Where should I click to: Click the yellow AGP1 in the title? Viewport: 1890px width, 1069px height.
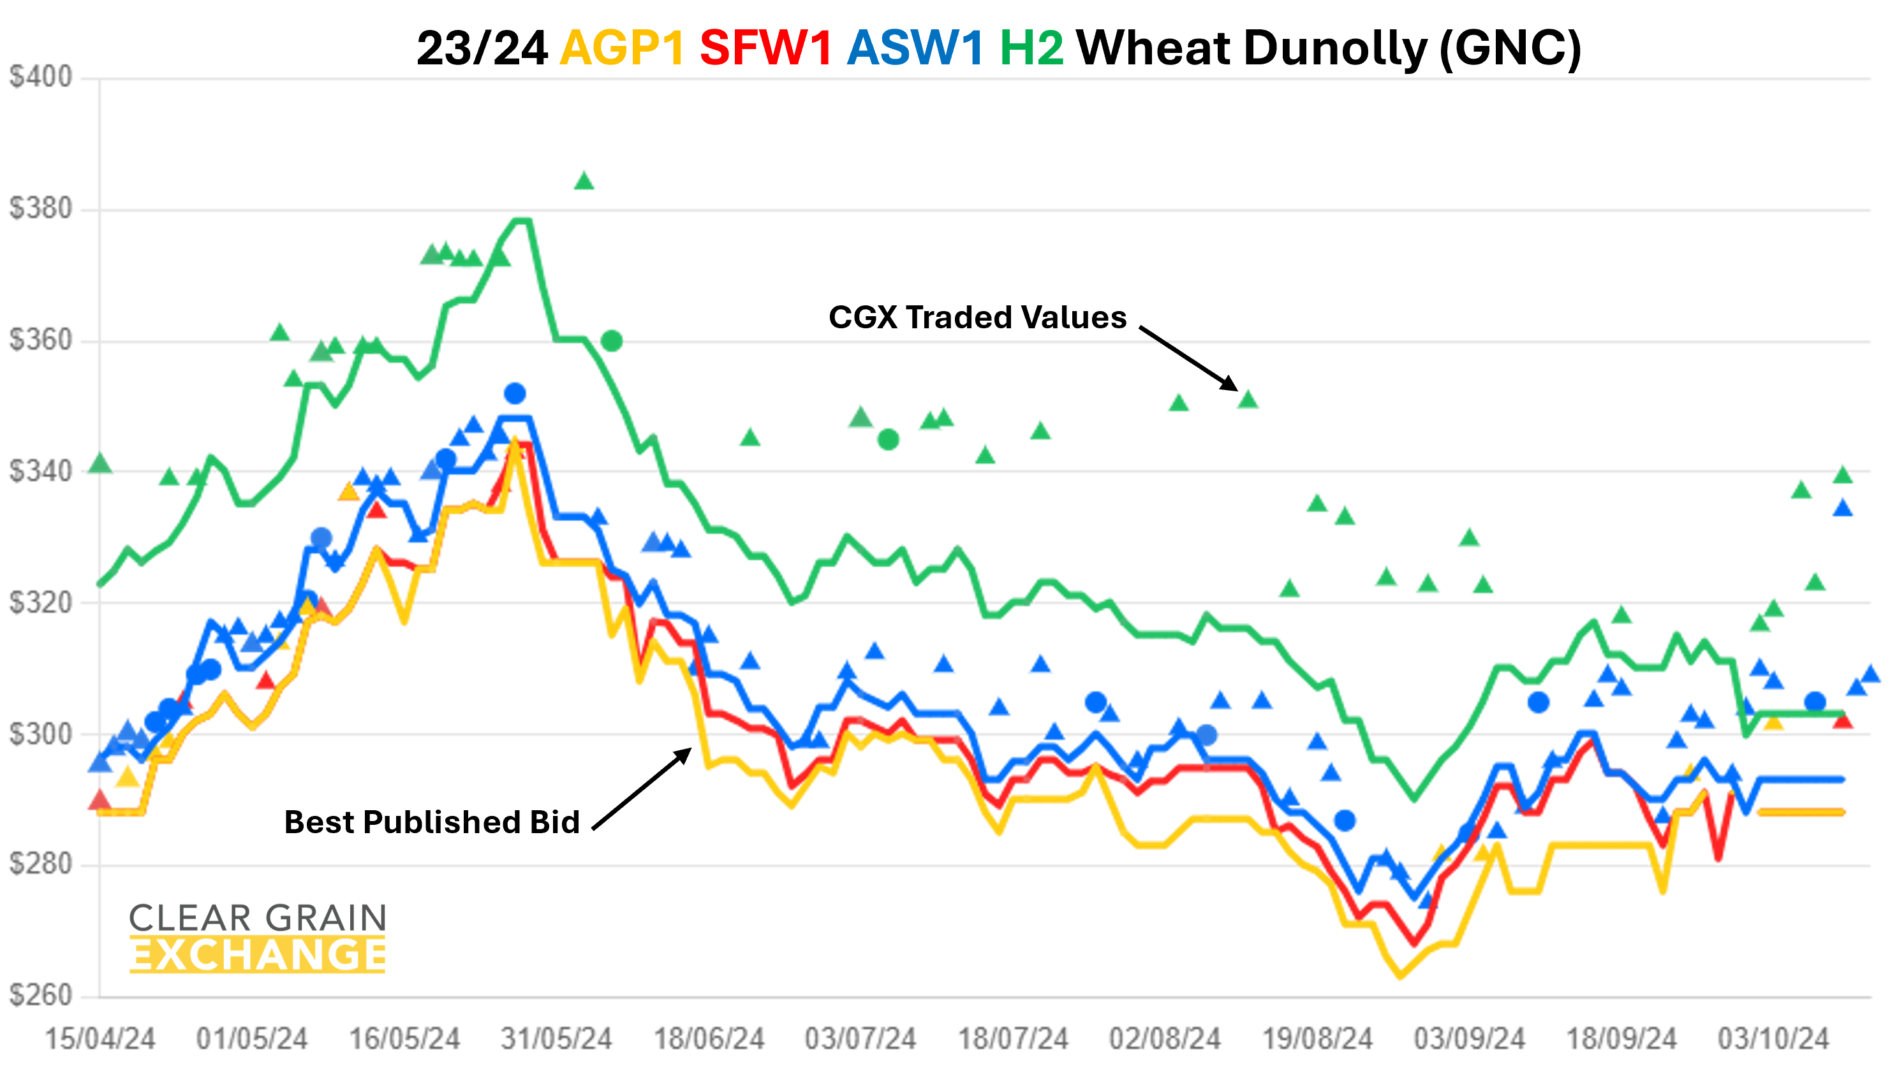622,48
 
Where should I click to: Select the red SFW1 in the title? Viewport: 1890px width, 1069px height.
765,48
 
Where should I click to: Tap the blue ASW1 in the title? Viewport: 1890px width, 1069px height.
915,48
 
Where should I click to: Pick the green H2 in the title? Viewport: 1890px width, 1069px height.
1031,48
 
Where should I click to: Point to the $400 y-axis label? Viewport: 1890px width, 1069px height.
41,77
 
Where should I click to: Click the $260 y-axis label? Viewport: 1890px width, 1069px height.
41,996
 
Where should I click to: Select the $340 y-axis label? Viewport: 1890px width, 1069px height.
41,471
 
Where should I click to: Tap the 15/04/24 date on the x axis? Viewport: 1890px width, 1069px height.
100,1039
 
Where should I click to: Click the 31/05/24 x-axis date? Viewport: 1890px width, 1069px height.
556,1039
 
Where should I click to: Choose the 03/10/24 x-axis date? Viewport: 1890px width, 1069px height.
1773,1039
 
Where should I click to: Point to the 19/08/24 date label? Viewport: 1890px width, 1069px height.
1317,1039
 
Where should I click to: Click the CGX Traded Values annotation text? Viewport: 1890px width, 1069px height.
977,317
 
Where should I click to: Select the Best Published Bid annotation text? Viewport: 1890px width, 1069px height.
432,822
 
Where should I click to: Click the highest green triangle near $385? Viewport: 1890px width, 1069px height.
584,180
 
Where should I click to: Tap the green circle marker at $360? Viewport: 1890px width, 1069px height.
612,340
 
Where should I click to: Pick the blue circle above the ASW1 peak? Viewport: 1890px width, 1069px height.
515,393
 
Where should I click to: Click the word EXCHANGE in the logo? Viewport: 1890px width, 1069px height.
258,954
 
